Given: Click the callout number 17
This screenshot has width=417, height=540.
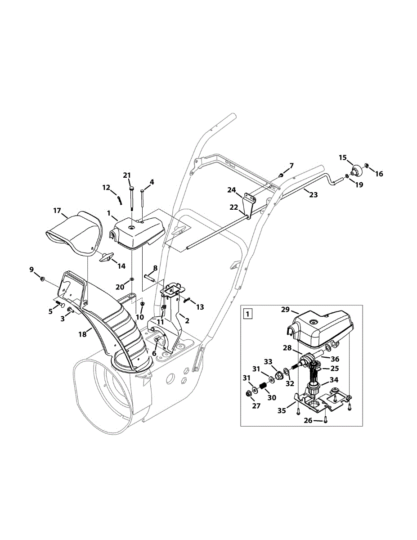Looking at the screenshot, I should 57,210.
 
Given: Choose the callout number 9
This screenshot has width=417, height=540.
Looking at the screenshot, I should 32,270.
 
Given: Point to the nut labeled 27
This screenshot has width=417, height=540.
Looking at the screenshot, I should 248,394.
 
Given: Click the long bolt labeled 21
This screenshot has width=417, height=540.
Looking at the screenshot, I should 131,198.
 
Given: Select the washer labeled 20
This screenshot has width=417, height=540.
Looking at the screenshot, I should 131,280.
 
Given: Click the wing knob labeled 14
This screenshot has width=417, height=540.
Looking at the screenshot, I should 106,257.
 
